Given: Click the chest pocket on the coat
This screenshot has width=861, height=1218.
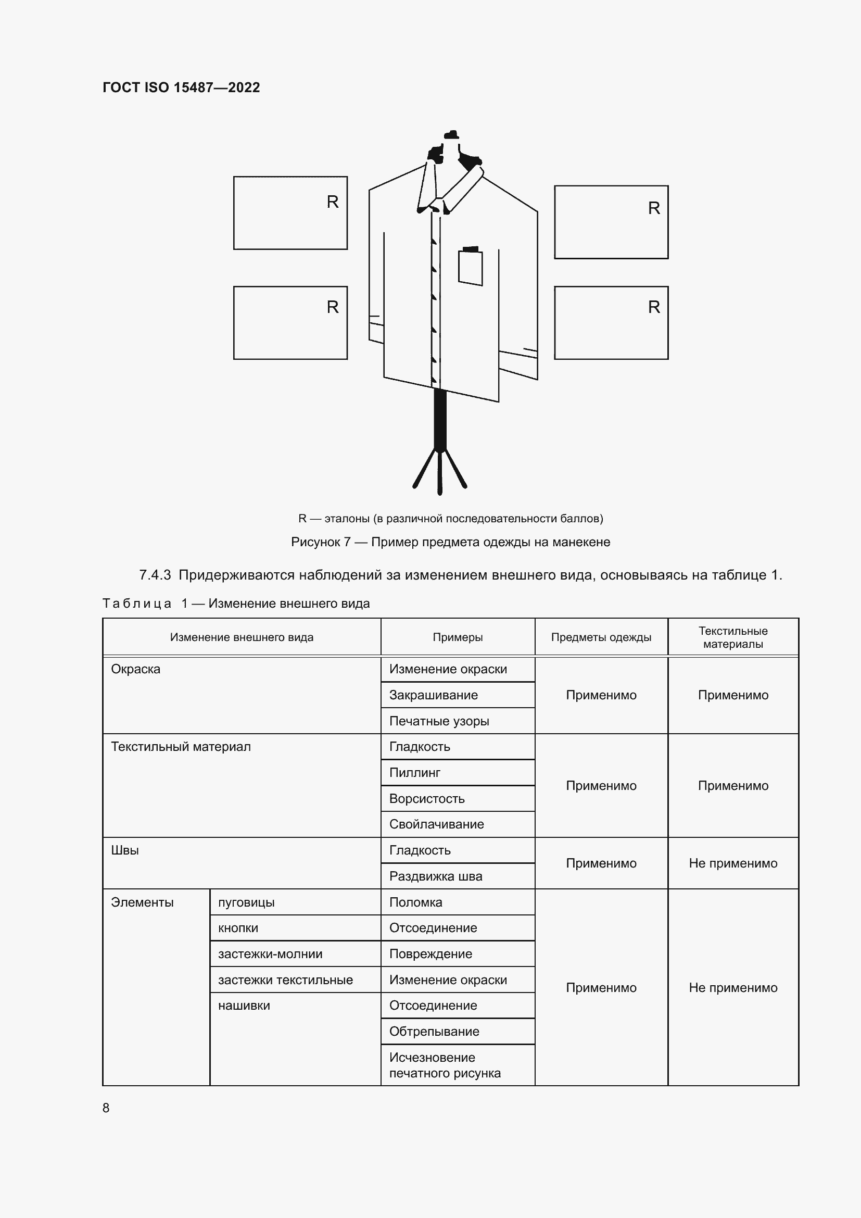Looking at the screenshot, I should [x=470, y=268].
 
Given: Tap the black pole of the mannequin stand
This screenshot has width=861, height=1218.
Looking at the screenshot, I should [x=439, y=419].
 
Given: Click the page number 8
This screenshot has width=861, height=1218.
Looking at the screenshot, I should [x=106, y=1108].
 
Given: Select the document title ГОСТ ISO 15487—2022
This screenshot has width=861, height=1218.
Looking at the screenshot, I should [x=181, y=87].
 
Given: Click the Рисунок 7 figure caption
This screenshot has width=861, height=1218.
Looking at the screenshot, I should [x=450, y=542].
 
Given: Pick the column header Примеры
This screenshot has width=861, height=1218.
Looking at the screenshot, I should [x=457, y=637].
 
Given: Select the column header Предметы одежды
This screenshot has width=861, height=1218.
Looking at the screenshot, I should [x=601, y=637].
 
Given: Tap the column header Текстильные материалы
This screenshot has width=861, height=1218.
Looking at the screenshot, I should [x=733, y=637].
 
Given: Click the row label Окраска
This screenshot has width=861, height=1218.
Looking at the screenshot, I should [x=136, y=669].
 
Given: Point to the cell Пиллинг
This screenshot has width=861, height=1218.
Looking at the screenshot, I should [x=414, y=772].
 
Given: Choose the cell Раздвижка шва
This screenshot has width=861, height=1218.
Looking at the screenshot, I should [x=435, y=876].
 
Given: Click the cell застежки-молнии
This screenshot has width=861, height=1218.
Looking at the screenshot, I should [x=270, y=954].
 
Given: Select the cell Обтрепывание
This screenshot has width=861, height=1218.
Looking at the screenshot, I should [x=434, y=1031].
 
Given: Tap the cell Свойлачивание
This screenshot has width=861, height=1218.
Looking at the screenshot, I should [x=436, y=824].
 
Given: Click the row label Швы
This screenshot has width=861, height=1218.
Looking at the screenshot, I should [x=125, y=850].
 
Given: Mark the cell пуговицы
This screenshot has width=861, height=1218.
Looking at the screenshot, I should [x=246, y=902].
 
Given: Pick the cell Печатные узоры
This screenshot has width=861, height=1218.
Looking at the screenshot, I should [x=438, y=721].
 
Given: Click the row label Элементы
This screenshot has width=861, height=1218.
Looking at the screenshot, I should [x=142, y=902].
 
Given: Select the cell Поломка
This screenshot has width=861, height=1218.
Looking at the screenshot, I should [x=415, y=902].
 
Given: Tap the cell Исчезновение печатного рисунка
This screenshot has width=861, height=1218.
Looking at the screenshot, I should [x=444, y=1065].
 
